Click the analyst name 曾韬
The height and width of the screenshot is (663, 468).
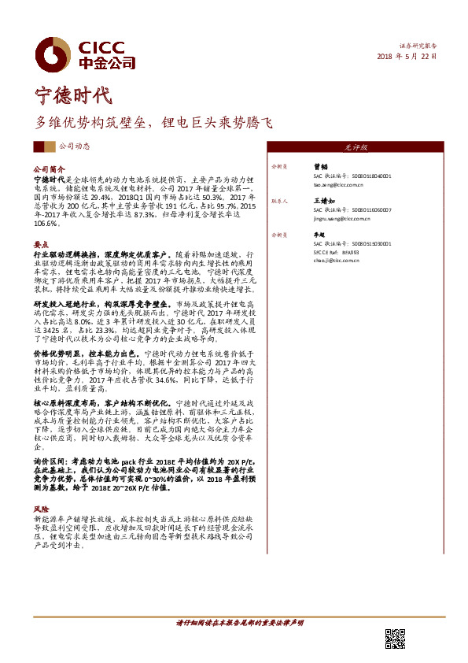click(x=321, y=167)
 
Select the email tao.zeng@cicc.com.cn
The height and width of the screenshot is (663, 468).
click(x=337, y=185)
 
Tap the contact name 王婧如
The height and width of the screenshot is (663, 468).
click(x=323, y=201)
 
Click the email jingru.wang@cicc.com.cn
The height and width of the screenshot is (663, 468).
click(x=343, y=219)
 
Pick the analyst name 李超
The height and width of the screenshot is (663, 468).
click(x=320, y=235)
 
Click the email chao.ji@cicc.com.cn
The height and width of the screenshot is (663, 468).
click(x=336, y=258)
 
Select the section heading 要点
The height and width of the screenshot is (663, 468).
click(x=41, y=245)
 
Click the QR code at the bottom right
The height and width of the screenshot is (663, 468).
click(x=396, y=639)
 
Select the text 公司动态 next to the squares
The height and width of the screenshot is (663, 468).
click(x=75, y=147)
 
